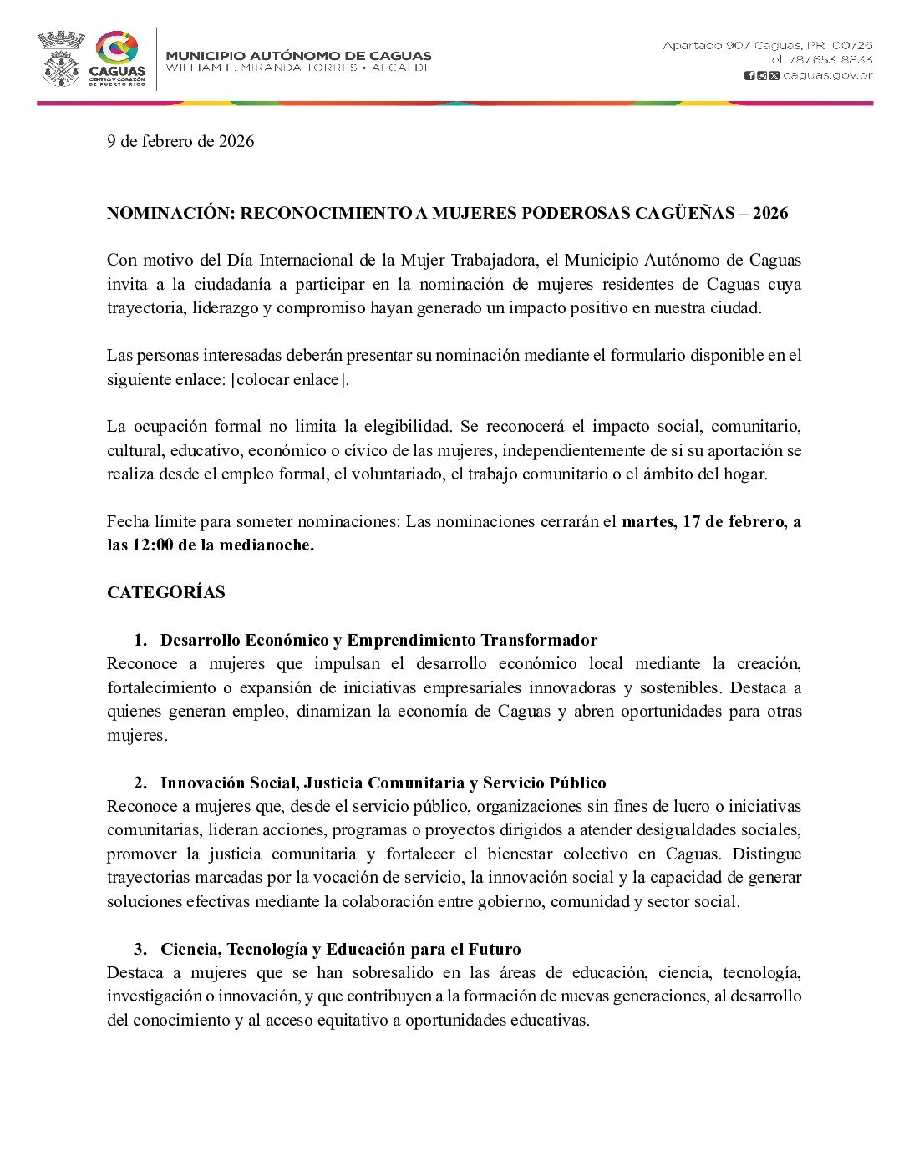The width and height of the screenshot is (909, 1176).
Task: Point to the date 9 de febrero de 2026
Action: point(180,141)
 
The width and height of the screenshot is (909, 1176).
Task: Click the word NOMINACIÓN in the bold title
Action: point(170,214)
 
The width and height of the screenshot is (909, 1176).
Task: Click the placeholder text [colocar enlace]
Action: point(290,379)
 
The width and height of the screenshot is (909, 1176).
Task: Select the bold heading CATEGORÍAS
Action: point(165,593)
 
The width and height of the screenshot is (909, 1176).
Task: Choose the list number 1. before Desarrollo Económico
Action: point(140,641)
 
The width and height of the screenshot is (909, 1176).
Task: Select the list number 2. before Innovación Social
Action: point(140,783)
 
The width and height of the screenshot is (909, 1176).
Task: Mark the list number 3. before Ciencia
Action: point(140,950)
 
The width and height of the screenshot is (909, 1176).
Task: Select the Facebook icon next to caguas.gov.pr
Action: point(749,75)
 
